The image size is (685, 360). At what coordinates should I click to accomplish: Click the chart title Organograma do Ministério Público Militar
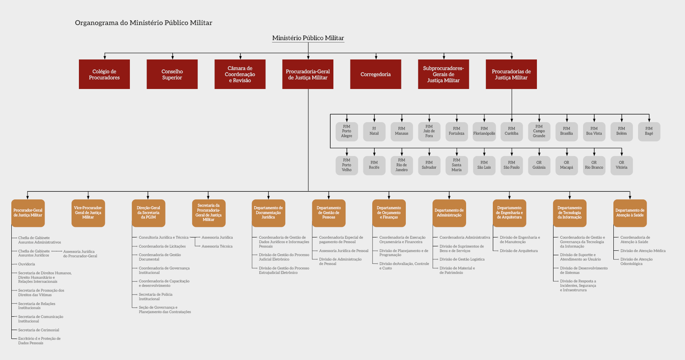[143, 23]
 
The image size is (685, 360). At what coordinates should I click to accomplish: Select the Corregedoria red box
[375, 74]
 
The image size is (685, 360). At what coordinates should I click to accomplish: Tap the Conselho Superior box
[172, 74]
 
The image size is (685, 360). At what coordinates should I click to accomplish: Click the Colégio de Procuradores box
[104, 74]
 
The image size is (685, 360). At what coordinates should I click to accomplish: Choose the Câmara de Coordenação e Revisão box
[240, 74]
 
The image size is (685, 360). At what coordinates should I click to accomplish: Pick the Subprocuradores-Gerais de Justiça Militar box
[443, 74]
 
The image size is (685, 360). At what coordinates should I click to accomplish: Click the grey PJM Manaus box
[402, 131]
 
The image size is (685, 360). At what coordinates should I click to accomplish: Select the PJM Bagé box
[649, 131]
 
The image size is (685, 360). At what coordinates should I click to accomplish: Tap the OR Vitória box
[621, 165]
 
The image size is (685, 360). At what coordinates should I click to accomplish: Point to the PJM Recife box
[374, 165]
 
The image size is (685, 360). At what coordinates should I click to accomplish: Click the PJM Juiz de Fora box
[429, 131]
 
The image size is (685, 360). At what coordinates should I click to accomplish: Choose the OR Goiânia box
[539, 165]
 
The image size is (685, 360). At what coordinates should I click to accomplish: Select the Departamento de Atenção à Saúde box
[630, 213]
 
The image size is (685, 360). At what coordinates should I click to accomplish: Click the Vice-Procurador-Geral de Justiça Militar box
[88, 213]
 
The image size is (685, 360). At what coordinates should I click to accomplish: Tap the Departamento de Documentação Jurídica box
[268, 213]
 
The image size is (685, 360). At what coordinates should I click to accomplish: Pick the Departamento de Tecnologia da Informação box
[570, 213]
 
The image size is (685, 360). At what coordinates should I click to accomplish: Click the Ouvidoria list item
[27, 264]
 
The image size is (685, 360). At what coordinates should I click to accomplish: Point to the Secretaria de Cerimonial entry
[38, 330]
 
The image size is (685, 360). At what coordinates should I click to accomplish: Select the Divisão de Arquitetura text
[519, 251]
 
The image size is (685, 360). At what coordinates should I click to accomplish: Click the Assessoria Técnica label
[217, 246]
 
